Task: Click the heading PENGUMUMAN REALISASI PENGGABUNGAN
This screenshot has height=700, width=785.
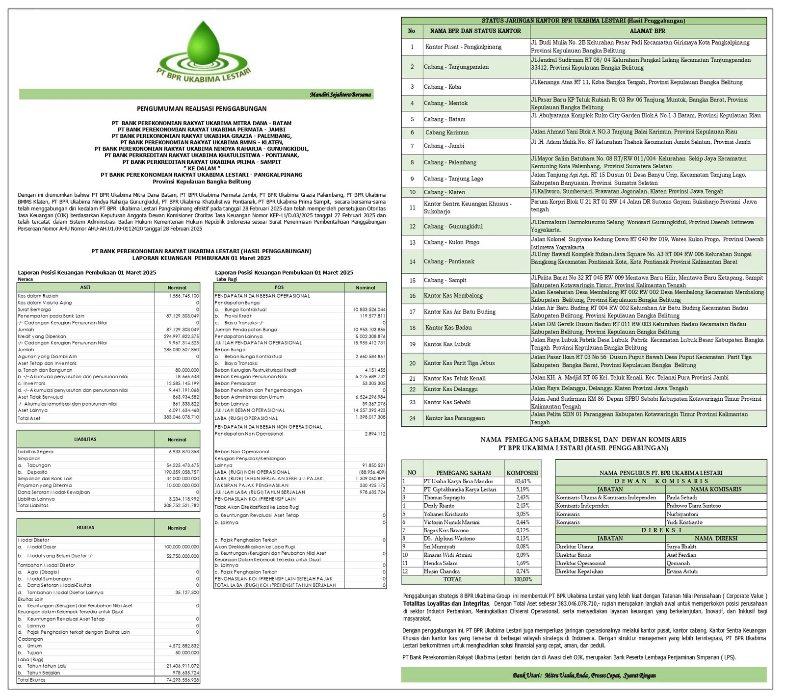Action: [202, 109]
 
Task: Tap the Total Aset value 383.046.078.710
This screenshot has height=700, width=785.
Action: [181, 417]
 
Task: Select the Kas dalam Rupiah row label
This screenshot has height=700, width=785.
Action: [38, 296]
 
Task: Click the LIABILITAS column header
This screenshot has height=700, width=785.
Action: [85, 439]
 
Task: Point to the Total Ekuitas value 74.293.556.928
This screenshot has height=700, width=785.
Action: [181, 680]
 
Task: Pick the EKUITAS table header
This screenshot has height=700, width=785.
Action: [85, 528]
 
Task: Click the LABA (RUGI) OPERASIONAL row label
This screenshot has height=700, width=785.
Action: [246, 418]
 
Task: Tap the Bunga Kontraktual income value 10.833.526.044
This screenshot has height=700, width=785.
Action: [369, 310]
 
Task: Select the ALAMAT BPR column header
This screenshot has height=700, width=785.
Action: [648, 31]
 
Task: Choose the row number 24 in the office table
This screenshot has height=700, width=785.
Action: [412, 418]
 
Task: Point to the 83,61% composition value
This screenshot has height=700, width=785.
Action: [523, 481]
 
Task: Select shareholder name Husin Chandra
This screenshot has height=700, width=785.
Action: [442, 571]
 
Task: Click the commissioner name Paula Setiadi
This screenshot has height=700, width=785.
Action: [681, 497]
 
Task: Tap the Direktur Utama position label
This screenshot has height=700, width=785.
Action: [575, 546]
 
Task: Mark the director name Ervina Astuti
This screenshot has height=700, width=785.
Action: [682, 571]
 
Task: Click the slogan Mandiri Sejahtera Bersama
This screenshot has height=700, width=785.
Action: [340, 94]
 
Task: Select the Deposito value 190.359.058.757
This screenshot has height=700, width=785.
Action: [181, 472]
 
